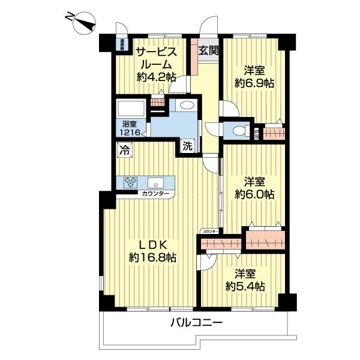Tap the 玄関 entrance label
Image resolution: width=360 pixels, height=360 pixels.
(208, 50)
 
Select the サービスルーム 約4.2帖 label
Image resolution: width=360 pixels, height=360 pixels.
(155, 64)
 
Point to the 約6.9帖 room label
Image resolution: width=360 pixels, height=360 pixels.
(254, 76)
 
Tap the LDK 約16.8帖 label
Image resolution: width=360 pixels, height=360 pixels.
(152, 251)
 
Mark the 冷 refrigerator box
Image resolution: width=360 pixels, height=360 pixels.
(124, 151)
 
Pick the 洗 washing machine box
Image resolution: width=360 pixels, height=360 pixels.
(187, 145)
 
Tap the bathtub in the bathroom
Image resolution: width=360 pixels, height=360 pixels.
(131, 110)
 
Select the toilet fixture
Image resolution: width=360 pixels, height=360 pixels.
(241, 130)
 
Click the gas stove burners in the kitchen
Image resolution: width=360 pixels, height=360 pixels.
(131, 182)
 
